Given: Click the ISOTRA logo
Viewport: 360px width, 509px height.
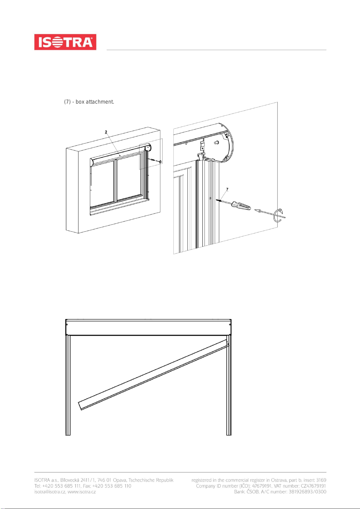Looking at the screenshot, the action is click(x=65, y=42).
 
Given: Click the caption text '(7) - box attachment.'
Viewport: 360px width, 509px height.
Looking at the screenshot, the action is click(x=89, y=102).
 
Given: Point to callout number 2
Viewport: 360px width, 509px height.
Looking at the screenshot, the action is click(x=106, y=132).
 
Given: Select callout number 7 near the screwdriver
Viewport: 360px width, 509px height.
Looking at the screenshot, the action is click(x=227, y=189).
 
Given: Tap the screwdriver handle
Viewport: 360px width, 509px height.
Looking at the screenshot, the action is click(x=241, y=206).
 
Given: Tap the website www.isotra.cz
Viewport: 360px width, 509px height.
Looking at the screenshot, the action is click(x=82, y=492).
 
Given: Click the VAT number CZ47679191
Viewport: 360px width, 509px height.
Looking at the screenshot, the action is click(x=313, y=486).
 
